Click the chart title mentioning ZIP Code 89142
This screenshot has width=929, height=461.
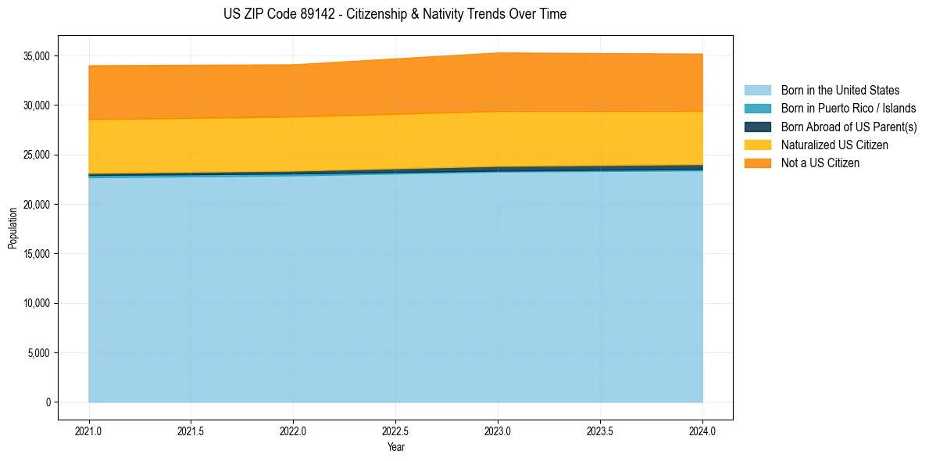(x=395, y=14)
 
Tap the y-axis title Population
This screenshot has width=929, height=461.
(x=13, y=228)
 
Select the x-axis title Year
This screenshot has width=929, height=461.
(x=395, y=448)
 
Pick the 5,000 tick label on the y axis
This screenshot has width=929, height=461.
(x=38, y=353)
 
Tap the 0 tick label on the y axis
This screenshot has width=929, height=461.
(x=48, y=402)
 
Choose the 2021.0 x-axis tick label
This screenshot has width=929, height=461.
(x=88, y=431)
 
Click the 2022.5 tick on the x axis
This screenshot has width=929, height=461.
(x=395, y=431)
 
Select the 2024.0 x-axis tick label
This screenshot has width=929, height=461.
(x=702, y=431)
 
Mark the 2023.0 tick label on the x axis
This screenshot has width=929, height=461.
(x=498, y=431)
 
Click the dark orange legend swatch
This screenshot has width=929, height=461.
(x=757, y=163)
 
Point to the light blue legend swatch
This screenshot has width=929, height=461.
(x=757, y=91)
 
